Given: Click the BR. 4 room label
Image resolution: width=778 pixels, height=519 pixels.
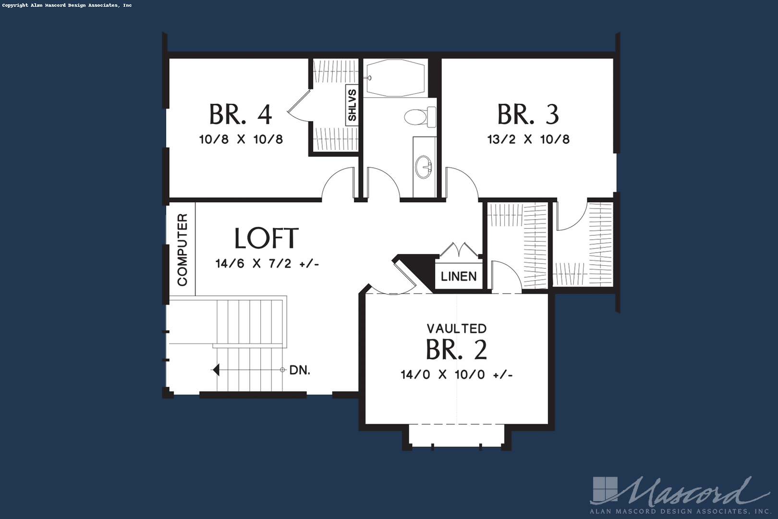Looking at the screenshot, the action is (x=241, y=114).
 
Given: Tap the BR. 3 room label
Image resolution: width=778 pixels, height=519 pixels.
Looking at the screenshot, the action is (x=528, y=114).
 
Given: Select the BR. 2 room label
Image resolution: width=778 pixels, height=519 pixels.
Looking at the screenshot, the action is (x=456, y=349).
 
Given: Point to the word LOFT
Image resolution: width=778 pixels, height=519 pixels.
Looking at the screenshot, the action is (x=267, y=238).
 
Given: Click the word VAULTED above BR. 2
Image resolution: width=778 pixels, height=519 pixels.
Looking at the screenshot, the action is (x=457, y=329).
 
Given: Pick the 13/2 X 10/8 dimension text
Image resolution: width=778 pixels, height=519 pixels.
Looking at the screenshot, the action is (x=528, y=139).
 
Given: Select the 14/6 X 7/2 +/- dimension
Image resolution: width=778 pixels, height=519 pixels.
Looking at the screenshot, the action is (x=267, y=264).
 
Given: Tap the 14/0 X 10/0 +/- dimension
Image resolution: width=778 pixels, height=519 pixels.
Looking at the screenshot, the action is (x=457, y=375).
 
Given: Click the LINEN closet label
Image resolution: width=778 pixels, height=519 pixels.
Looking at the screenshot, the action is (x=459, y=277).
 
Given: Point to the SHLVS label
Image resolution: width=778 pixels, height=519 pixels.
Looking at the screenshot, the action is (x=352, y=105).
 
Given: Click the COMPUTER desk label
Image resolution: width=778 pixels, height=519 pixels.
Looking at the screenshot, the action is (x=182, y=250).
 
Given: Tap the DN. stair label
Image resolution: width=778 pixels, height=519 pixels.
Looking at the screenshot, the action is (x=300, y=370).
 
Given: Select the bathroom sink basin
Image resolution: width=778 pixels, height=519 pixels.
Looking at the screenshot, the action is (x=424, y=167).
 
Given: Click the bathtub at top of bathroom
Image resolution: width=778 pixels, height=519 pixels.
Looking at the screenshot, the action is (x=396, y=78).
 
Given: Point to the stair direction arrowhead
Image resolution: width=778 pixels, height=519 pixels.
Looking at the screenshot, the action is (x=216, y=370).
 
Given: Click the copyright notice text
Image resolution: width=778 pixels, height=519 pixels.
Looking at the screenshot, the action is (x=67, y=5).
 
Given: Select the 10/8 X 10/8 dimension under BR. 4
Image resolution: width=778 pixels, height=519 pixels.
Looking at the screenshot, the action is (x=241, y=139).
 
